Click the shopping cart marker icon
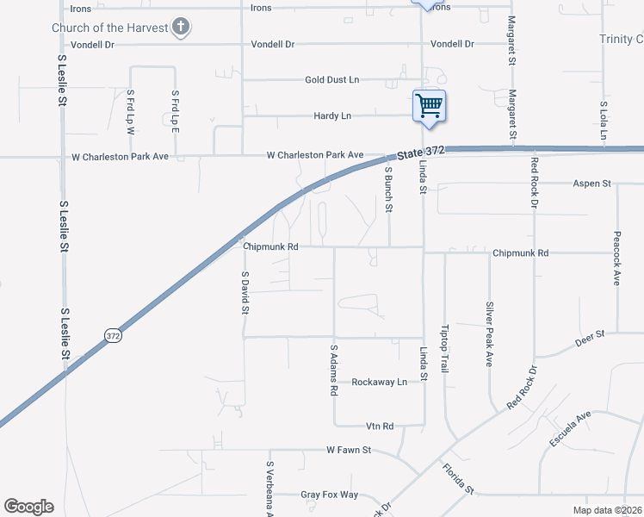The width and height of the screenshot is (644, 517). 429,106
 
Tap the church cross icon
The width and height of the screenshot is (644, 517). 180,27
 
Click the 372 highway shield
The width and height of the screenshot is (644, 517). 113,336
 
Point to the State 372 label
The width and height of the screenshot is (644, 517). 422,152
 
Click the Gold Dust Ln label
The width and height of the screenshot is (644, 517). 331,80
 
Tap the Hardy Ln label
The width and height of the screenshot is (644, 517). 332,115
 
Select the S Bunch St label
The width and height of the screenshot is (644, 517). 389,190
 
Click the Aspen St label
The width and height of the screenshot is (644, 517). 591,184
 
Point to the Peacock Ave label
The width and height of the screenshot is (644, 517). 617,258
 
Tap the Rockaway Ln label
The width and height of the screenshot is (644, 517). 379,383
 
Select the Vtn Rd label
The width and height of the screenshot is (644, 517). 379,427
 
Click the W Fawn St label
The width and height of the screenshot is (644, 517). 348,450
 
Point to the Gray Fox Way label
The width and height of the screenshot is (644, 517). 329,495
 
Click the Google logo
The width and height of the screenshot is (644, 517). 28,507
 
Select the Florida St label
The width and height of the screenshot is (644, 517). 458,478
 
